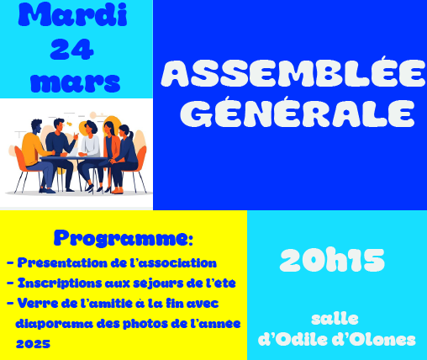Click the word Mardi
pos(72,15)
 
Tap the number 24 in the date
pos(71,50)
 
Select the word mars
pos(75,82)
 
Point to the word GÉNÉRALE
pos(297,112)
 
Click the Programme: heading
pos(124,239)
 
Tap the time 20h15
pos(332,260)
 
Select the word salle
pos(335,319)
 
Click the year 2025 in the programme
pos(33,344)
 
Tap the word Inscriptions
pos(60,283)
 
